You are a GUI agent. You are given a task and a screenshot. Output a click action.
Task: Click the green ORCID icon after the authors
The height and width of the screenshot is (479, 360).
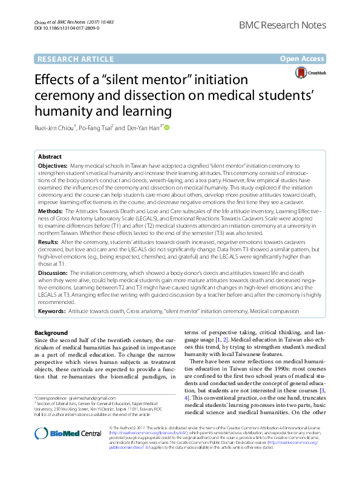[x=167, y=127]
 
